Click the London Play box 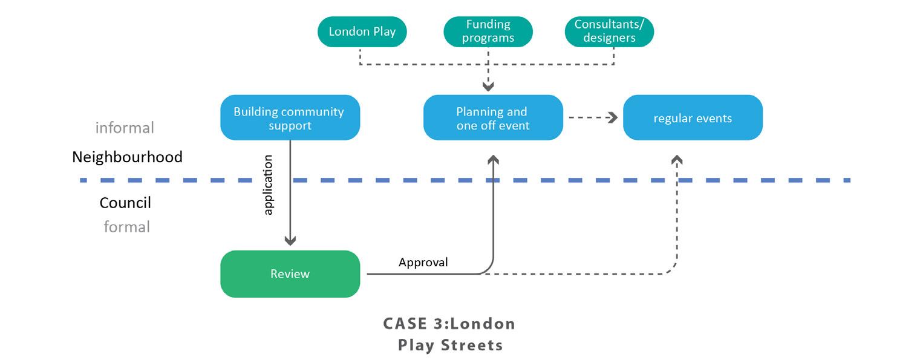362,31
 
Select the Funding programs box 488,31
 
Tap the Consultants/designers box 609,31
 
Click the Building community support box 290,118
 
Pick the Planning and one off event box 492,118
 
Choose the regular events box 693,118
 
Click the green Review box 290,274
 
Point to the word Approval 423,263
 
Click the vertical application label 269,185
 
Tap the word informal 125,128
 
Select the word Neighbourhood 127,157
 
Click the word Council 125,203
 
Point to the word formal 126,227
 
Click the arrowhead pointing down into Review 290,241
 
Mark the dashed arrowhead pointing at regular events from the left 612,118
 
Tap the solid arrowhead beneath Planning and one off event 494,159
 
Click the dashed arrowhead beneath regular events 677,159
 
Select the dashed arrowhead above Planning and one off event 488,86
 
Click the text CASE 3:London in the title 449,324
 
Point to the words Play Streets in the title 450,345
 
